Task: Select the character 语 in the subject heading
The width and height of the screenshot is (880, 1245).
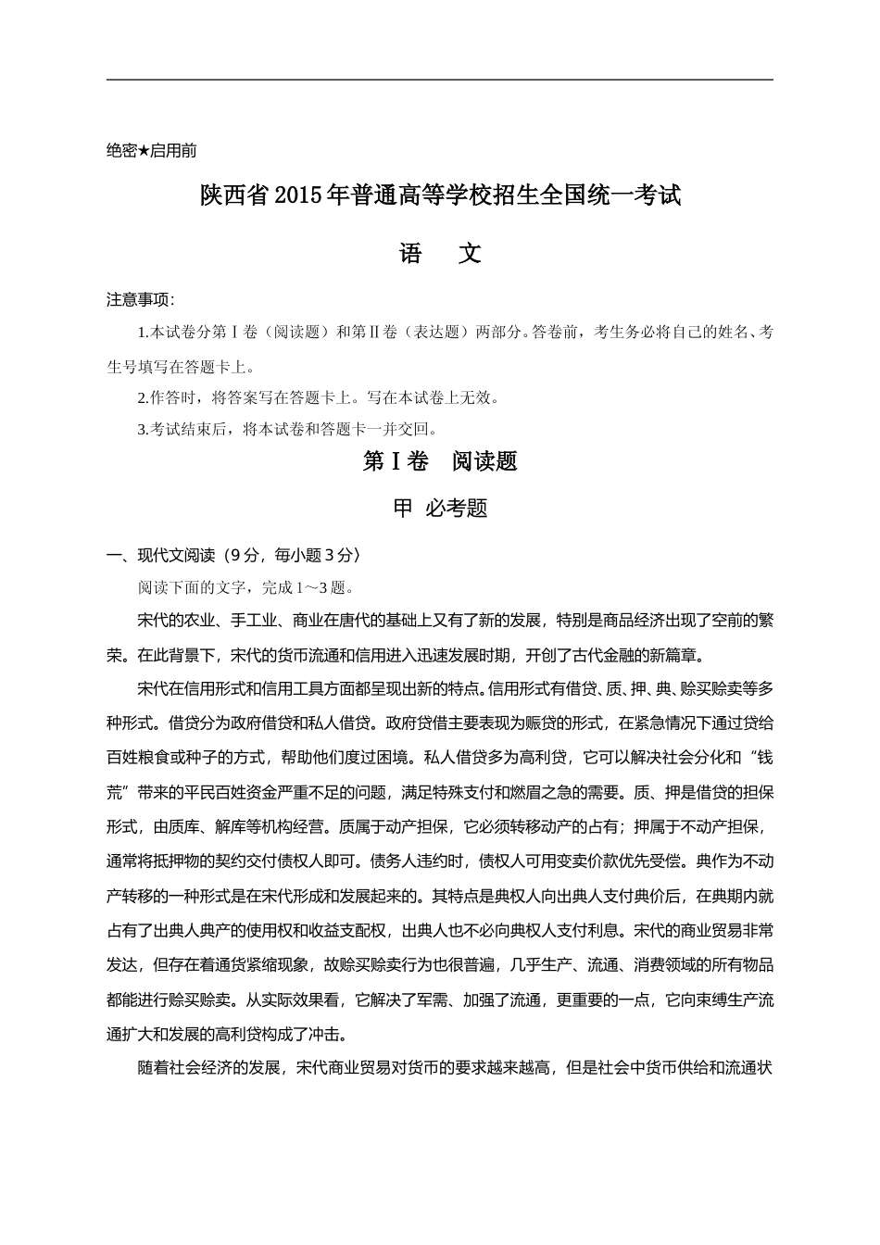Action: tap(410, 253)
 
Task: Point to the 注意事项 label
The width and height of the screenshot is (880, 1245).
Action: tap(139, 300)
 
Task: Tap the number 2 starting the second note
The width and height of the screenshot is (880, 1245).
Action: tap(141, 398)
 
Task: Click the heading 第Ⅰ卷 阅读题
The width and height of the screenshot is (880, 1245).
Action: tap(440, 461)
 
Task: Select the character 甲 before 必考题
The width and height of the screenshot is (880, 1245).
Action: tap(403, 509)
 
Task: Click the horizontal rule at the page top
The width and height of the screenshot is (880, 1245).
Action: tap(440, 80)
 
